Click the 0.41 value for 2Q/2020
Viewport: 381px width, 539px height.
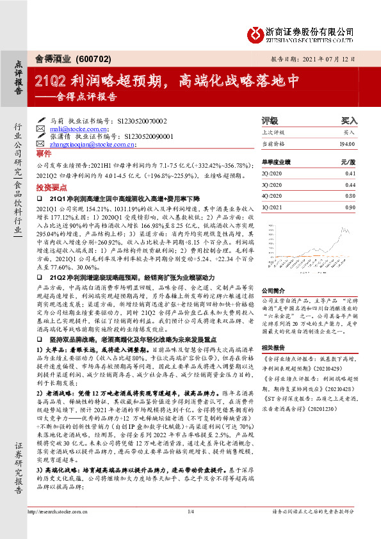click(350, 173)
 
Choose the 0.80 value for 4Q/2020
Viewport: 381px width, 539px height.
click(350, 196)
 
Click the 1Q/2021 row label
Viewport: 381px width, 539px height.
click(272, 207)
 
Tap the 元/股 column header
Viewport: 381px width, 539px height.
click(348, 163)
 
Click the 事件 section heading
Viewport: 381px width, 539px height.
click(44, 155)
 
